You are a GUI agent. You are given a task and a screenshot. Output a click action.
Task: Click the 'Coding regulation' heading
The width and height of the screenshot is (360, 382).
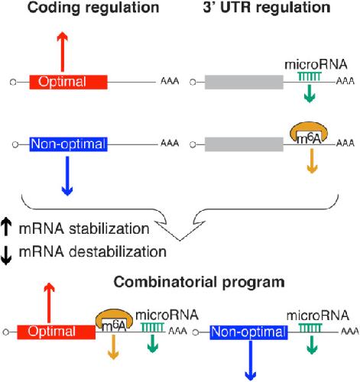(x=93, y=8)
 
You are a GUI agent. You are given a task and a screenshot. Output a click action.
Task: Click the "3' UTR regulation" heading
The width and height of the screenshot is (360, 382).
(x=267, y=7)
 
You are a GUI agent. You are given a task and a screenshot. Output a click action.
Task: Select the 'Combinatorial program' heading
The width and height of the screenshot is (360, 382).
(x=199, y=283)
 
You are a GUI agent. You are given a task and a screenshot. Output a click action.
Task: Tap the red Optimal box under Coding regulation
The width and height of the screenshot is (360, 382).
(x=68, y=82)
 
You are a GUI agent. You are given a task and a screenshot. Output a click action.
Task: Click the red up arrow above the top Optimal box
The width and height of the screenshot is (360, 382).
(x=62, y=52)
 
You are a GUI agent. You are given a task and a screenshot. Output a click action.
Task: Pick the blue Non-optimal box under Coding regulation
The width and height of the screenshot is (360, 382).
(x=68, y=144)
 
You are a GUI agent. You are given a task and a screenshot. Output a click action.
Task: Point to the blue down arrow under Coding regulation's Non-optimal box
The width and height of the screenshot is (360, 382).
(x=67, y=176)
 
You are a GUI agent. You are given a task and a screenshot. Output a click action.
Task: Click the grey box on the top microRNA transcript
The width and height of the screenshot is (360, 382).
(x=244, y=82)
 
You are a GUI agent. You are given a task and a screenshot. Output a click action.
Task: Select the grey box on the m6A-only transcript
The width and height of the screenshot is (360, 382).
(x=244, y=144)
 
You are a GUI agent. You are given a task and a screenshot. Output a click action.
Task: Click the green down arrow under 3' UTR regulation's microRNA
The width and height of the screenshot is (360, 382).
(x=310, y=93)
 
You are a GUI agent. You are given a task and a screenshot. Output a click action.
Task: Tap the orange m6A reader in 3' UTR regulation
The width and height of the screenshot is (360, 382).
(x=309, y=132)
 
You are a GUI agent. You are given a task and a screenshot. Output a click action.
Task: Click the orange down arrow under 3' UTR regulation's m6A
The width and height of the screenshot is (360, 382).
(x=312, y=161)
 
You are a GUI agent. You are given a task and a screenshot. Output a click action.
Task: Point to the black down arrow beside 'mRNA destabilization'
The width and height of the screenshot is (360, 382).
(x=6, y=256)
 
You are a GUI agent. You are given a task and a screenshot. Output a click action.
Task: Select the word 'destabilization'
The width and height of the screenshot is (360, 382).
(x=118, y=251)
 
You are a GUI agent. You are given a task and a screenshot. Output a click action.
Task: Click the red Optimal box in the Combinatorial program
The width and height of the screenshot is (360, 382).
(x=57, y=332)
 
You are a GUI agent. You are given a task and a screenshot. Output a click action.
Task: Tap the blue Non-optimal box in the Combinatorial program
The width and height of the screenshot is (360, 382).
(x=248, y=332)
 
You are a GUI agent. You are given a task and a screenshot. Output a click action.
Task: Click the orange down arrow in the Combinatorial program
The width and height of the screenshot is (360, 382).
(x=113, y=347)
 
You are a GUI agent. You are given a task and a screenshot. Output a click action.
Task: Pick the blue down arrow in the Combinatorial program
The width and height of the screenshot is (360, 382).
(x=251, y=360)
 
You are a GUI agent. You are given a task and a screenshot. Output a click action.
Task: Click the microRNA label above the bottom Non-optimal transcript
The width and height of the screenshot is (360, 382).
(x=318, y=316)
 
